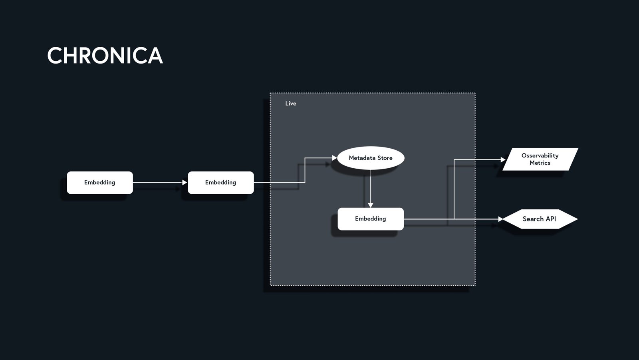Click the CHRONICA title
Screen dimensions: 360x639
tap(105, 56)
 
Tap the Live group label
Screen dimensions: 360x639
tap(291, 103)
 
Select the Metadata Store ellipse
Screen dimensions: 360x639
tap(371, 158)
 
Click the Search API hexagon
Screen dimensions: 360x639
tap(540, 219)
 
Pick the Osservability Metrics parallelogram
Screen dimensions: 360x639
tap(540, 159)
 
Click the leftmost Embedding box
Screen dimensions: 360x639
tap(99, 183)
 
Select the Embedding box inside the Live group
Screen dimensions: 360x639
tap(371, 219)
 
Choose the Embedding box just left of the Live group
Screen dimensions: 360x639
tap(220, 183)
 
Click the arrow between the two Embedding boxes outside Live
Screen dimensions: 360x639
tap(160, 183)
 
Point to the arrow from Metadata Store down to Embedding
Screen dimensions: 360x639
tap(371, 188)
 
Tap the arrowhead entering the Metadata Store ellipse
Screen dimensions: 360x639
tap(334, 158)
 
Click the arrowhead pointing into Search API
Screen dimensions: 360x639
tap(501, 219)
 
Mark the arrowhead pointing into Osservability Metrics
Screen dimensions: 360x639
tap(503, 159)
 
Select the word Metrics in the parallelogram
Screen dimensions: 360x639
tap(540, 163)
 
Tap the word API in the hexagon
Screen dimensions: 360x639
tap(551, 219)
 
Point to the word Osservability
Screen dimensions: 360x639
tap(540, 155)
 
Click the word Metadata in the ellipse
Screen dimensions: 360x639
tap(362, 158)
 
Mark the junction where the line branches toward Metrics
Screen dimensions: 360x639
tap(454, 219)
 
